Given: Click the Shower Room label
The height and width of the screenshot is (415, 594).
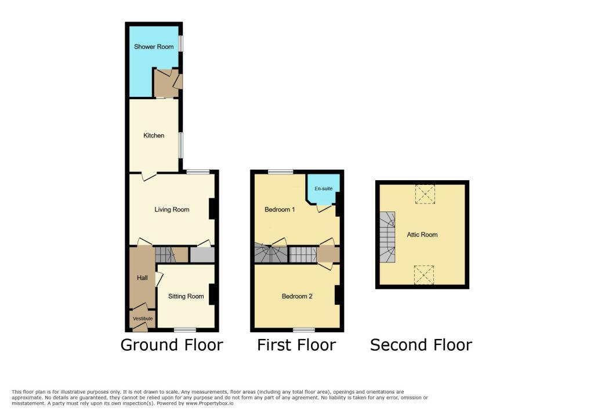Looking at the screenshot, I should (x=154, y=46).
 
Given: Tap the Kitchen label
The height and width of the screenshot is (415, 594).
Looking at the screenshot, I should (x=154, y=136).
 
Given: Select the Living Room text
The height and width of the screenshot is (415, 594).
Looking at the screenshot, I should (x=172, y=209).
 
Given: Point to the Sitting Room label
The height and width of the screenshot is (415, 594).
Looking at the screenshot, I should (x=186, y=296).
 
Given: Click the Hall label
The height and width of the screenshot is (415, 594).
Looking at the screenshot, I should (x=142, y=278).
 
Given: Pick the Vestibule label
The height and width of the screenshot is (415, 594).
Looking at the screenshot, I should (x=143, y=319).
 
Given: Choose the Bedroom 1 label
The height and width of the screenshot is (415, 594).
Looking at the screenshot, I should (x=280, y=209).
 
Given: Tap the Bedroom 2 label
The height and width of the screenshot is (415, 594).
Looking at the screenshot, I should (x=297, y=296).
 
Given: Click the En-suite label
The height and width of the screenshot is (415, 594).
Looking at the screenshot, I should (x=323, y=189).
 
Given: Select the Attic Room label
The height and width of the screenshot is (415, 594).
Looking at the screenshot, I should (x=422, y=235).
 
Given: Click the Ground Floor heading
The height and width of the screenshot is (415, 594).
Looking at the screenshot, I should (x=172, y=345).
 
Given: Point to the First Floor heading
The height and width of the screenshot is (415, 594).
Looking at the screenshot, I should (x=296, y=345).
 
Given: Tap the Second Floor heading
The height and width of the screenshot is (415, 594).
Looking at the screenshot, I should (x=421, y=345).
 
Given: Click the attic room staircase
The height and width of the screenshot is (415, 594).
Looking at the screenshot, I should (x=387, y=237).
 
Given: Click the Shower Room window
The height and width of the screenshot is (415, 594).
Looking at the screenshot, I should (x=180, y=43).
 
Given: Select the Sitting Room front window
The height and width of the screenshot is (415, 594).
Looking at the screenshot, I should (x=185, y=329).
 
